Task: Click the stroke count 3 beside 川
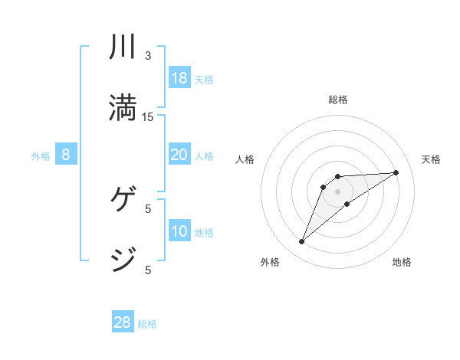click(148, 56)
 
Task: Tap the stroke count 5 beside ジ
click(148, 270)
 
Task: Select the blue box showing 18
click(179, 77)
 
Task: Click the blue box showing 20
click(179, 155)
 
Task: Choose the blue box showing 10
click(179, 231)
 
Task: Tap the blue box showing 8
click(66, 155)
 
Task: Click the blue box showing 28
click(123, 322)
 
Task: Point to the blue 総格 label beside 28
click(147, 324)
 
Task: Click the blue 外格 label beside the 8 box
click(41, 156)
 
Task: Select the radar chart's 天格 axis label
click(432, 159)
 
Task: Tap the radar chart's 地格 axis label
click(402, 262)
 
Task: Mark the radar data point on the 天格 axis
click(396, 172)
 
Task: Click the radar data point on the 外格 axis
click(301, 242)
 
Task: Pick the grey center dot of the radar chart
click(337, 191)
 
